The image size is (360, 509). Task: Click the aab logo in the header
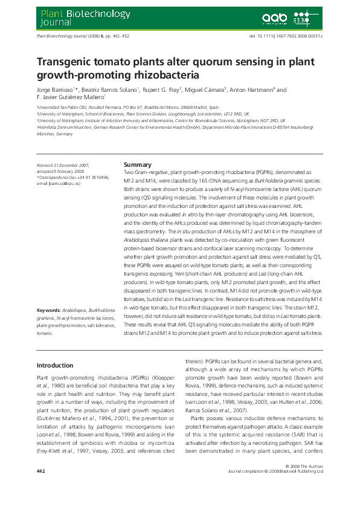click(274, 18)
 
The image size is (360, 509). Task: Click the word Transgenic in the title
click(65, 62)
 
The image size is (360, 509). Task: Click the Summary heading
click(137, 164)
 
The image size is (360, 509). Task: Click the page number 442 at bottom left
click(41, 487)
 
